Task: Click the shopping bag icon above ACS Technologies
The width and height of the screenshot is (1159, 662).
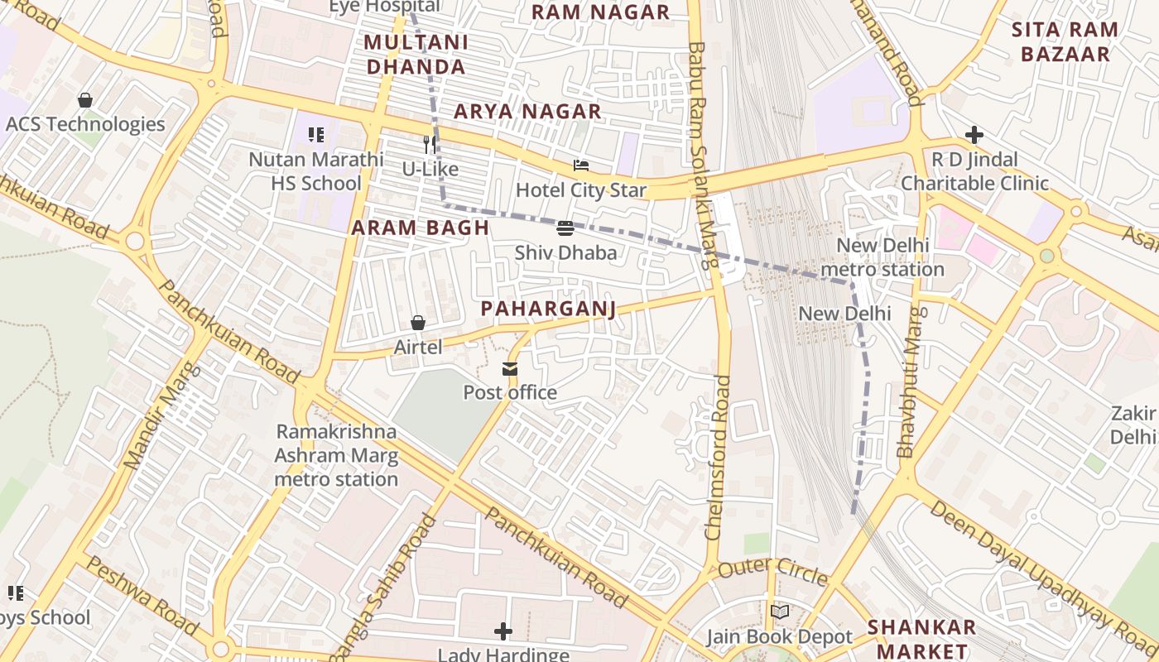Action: coord(84,100)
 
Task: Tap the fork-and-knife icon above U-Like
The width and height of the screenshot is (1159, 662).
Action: coord(430,145)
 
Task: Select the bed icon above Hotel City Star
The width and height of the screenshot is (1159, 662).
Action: coord(580,166)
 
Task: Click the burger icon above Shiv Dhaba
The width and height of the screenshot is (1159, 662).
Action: coord(565,228)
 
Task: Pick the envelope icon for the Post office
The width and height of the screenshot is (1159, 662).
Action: coord(510,369)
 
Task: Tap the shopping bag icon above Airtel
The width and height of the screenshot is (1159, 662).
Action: coord(418,323)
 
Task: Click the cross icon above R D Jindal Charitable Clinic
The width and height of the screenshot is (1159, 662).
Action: coord(974,135)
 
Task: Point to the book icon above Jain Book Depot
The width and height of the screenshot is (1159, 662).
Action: coord(779,612)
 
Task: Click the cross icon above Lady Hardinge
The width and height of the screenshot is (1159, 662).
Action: coord(503,632)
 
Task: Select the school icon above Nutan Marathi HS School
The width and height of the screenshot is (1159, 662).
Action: coord(315,134)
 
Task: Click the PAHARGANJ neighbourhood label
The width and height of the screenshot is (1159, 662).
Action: coord(549,309)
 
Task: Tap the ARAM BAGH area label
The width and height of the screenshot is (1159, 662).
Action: coord(421,228)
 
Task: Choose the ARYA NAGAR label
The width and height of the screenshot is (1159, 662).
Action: coord(527,111)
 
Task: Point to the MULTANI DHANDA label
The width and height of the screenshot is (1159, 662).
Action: coord(416,55)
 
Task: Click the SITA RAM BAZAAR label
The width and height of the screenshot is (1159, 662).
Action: coord(1065,42)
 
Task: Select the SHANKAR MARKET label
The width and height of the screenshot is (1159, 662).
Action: coord(921,638)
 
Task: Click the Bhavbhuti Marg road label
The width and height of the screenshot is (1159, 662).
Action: coord(908,382)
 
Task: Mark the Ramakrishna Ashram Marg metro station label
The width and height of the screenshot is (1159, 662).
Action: coord(336,455)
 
